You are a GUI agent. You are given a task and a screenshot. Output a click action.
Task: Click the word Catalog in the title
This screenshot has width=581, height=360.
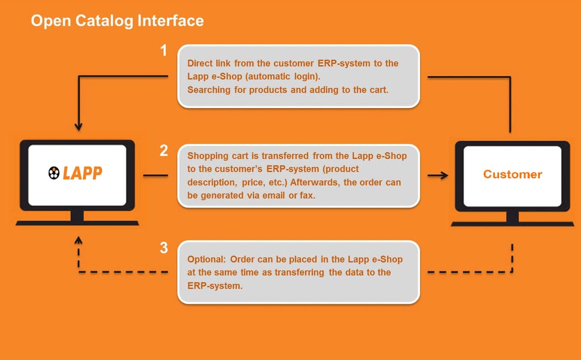[104, 21]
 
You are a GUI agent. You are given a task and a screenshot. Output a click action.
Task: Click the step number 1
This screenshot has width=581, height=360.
[163, 50]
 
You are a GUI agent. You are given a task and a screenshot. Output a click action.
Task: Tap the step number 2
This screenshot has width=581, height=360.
[163, 151]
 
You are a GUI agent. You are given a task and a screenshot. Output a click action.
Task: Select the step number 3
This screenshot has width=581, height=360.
[164, 248]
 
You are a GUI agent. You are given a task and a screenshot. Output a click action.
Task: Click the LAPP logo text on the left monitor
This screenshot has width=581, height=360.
[82, 173]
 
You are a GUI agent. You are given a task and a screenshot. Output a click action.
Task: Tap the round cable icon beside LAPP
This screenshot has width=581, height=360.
[54, 173]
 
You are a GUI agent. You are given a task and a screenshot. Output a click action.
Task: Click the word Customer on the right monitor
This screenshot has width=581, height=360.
[512, 174]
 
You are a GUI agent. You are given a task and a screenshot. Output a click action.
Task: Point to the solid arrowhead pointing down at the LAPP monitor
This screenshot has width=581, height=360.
[79, 127]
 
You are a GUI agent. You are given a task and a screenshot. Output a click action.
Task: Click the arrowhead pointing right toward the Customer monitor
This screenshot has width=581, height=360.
[444, 175]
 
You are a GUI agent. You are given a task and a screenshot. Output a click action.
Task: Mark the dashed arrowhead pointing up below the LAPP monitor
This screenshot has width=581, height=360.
[79, 240]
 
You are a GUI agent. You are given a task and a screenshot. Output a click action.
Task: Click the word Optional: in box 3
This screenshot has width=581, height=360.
[207, 259]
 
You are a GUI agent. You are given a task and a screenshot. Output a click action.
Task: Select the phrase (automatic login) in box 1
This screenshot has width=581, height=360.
[282, 76]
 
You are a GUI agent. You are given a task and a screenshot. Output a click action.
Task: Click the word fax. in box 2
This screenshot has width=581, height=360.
[308, 195]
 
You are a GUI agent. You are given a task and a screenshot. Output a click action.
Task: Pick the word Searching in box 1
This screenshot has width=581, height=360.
[209, 90]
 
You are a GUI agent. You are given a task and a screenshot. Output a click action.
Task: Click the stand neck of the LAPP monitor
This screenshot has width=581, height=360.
[77, 216]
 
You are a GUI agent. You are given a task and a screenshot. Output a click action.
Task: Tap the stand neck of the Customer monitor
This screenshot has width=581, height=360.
[512, 217]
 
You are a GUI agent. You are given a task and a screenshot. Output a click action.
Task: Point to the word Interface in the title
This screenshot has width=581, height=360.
[170, 21]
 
